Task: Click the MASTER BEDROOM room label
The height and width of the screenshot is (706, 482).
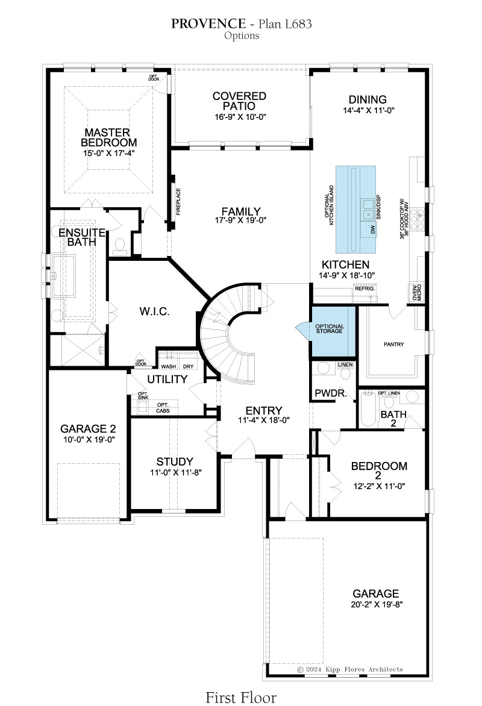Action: click(x=108, y=137)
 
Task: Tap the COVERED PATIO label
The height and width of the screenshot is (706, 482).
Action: click(x=240, y=101)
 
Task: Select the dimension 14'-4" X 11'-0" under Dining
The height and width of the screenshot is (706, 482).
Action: click(x=369, y=110)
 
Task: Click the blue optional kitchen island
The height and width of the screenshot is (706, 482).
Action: click(x=356, y=210)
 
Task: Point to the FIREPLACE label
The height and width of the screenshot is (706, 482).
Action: click(x=178, y=202)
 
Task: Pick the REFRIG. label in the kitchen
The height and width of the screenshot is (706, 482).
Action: click(x=365, y=288)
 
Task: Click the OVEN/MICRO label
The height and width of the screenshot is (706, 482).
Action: click(x=417, y=293)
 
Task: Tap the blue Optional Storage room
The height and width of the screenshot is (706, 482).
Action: click(x=333, y=331)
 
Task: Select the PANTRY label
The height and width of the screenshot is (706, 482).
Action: click(x=393, y=345)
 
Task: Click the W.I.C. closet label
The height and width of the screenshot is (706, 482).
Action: click(x=154, y=311)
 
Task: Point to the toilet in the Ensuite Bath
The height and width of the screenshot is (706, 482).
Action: click(x=120, y=245)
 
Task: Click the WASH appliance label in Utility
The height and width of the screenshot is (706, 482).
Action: click(x=169, y=366)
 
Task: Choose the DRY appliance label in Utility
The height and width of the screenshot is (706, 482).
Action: click(x=189, y=366)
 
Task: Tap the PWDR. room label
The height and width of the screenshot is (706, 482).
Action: click(x=331, y=393)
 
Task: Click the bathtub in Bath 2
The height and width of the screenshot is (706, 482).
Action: click(x=369, y=409)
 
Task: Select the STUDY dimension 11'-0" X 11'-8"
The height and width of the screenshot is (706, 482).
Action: click(x=176, y=472)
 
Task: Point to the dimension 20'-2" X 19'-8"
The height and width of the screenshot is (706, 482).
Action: click(x=377, y=604)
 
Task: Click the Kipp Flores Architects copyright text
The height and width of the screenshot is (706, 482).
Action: click(x=350, y=669)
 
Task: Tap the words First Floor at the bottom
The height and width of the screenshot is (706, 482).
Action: click(x=241, y=698)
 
